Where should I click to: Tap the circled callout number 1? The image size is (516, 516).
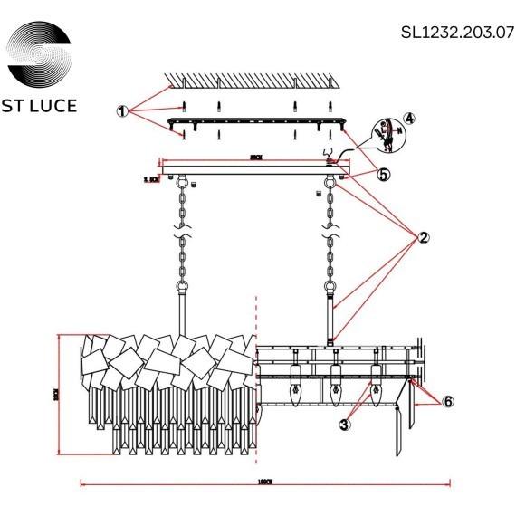[123, 111]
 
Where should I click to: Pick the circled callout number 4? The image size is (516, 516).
[409, 118]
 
